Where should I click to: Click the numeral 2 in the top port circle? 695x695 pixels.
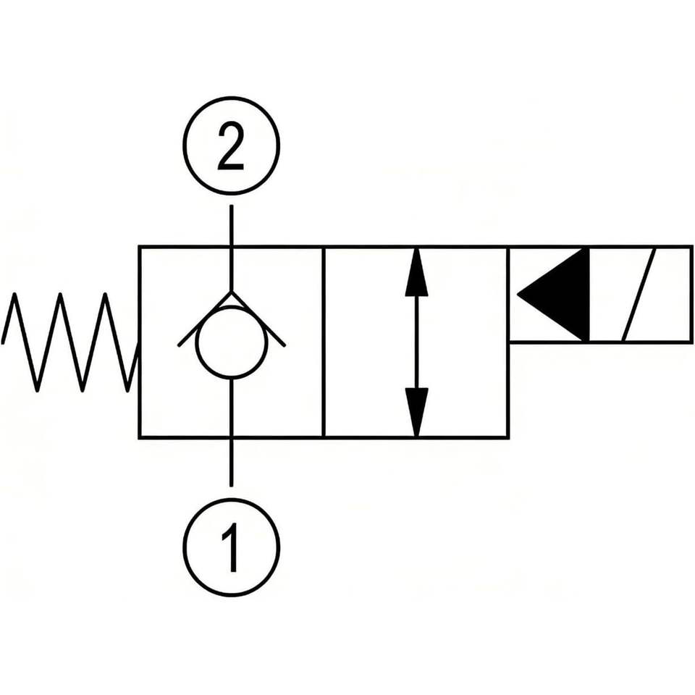[231, 147]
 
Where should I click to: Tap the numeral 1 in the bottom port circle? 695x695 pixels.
[230, 547]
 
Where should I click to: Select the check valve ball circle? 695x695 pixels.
[231, 343]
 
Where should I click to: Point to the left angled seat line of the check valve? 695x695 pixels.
[204, 319]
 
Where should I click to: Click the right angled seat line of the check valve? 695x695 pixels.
[258, 319]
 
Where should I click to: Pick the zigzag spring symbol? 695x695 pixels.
[70, 342]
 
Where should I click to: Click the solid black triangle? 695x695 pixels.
[553, 295]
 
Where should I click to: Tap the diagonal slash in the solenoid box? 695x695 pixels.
[639, 295]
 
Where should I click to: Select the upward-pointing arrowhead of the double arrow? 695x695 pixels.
[416, 271]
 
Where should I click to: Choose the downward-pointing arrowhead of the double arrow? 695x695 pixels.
[416, 412]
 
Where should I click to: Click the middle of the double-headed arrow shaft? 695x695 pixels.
[416, 342]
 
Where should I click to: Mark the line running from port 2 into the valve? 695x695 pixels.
[231, 248]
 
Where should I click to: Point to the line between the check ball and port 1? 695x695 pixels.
[231, 433]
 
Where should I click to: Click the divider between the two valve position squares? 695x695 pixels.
[324, 342]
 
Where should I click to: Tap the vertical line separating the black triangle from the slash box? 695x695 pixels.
[589, 295]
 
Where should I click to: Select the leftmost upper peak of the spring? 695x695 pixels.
[14, 293]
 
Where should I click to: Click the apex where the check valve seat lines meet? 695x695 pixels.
[231, 292]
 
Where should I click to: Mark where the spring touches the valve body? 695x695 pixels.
[139, 344]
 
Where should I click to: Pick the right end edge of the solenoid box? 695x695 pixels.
[691, 295]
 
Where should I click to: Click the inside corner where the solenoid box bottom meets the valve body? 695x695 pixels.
[510, 342]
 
